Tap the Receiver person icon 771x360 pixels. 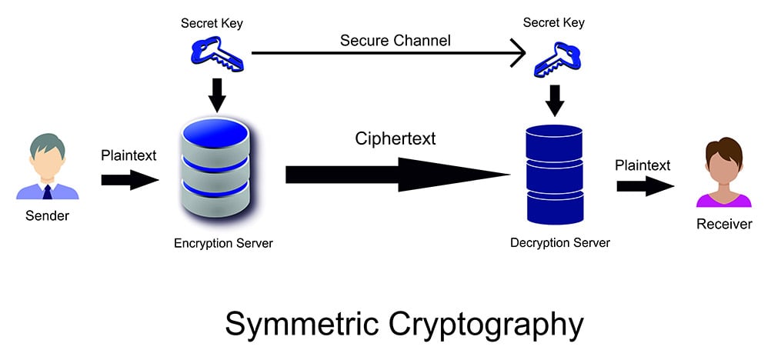click(723, 173)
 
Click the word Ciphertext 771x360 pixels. click(396, 138)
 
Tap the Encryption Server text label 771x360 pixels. click(223, 244)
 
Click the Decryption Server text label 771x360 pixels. click(560, 243)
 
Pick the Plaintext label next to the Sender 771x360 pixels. click(128, 155)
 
